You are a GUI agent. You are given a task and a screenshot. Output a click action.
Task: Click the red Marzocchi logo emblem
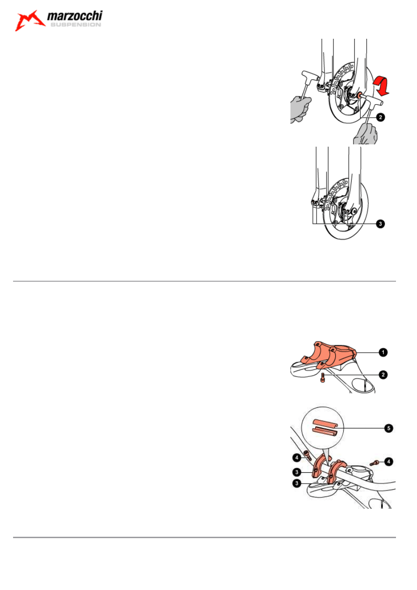click(29, 21)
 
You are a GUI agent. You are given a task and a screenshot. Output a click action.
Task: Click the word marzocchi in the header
click(75, 16)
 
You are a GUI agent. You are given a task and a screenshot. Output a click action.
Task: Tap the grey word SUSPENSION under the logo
click(76, 25)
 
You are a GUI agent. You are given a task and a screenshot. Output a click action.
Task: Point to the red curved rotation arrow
click(382, 85)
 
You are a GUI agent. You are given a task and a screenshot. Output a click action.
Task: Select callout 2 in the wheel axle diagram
click(380, 117)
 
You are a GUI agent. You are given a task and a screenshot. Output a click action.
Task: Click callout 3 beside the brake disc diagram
click(380, 224)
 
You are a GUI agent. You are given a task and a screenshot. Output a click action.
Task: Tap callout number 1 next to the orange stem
click(383, 352)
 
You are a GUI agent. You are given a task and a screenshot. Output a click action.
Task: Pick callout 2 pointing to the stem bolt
click(383, 375)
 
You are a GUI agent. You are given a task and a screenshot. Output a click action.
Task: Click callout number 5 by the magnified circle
click(389, 428)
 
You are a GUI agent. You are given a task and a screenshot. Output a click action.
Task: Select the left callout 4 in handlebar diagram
click(297, 457)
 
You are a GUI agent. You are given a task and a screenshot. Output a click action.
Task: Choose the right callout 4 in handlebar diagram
click(389, 461)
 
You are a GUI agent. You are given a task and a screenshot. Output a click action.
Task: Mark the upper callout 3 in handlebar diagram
click(297, 472)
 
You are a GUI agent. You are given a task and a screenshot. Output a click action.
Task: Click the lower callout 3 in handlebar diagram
click(297, 483)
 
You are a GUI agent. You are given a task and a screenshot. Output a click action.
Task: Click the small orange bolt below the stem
click(323, 378)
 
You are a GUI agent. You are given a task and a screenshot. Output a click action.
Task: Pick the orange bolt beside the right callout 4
click(375, 463)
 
